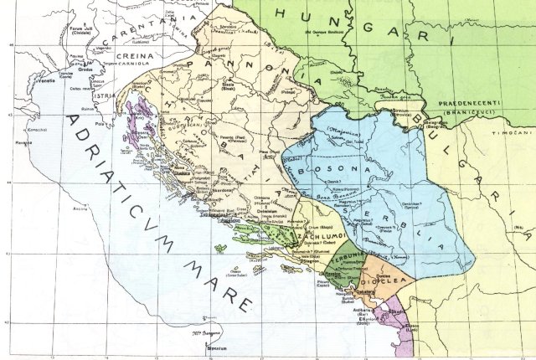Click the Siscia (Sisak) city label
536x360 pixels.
point(225,85)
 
